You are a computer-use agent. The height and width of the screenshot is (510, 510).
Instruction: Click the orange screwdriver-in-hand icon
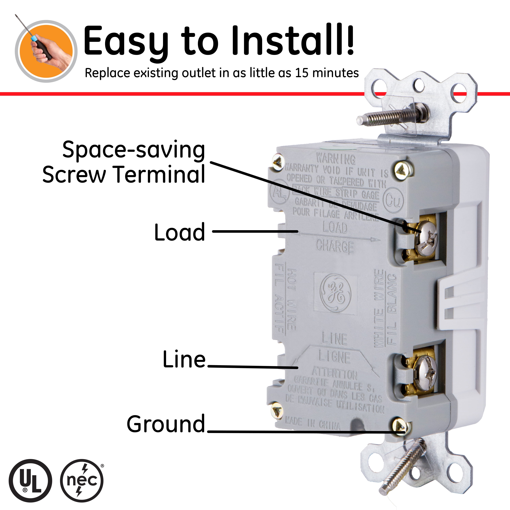click(x=46, y=51)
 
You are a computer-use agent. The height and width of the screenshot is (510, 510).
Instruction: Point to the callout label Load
click(x=180, y=232)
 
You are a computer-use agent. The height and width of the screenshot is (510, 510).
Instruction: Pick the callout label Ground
click(x=166, y=424)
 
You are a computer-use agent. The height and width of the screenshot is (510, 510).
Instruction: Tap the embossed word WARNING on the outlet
click(x=336, y=159)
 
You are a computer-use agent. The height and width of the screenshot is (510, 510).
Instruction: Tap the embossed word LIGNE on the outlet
click(x=334, y=357)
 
